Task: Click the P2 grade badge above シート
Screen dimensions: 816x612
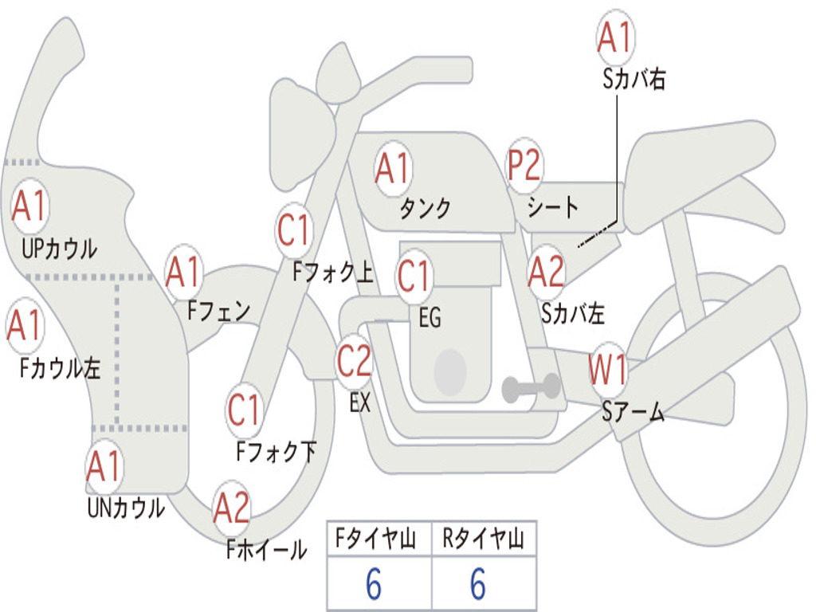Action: tap(524, 167)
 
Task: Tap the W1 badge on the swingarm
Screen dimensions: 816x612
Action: tap(607, 370)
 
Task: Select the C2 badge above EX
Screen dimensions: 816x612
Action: tap(355, 361)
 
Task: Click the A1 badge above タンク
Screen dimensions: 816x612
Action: tap(394, 169)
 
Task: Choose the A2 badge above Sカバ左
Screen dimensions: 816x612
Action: tap(547, 272)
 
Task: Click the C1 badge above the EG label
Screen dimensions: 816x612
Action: tap(414, 276)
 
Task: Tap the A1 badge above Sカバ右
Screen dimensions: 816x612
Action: tap(616, 37)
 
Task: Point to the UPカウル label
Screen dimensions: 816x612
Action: tap(59, 249)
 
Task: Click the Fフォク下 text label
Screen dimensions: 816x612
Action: tap(277, 451)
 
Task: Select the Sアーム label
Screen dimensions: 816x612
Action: tap(634, 412)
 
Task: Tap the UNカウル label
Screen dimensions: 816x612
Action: tap(126, 508)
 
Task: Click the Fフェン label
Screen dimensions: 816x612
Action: tap(219, 312)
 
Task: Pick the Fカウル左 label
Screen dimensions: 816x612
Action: tap(60, 367)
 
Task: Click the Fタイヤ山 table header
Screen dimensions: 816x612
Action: tap(376, 538)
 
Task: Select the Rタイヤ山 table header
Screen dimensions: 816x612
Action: tap(483, 538)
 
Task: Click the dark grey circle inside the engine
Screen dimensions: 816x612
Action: tap(450, 371)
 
